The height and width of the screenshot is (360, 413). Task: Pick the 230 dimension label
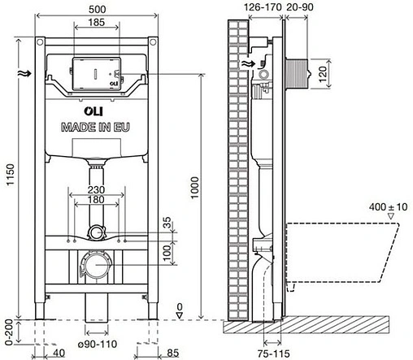(98, 191)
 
